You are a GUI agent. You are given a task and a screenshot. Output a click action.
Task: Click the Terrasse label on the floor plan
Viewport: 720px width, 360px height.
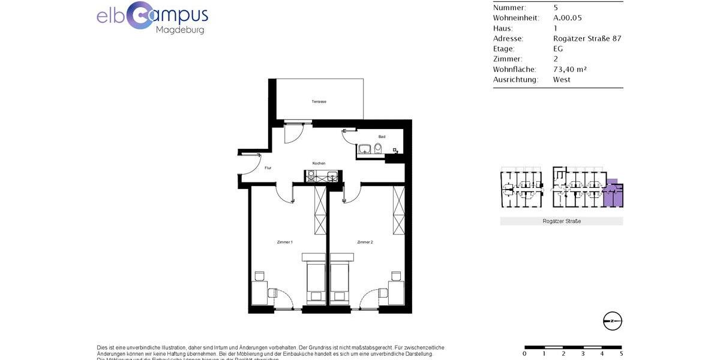coord(319,101)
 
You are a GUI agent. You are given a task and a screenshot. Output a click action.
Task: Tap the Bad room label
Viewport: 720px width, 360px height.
coord(382,137)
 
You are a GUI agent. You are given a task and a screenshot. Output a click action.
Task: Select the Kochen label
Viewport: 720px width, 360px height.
coord(319,163)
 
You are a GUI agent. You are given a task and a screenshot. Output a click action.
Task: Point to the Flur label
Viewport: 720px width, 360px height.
coord(268,168)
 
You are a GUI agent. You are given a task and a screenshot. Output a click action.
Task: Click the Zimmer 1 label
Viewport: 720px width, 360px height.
coord(284,242)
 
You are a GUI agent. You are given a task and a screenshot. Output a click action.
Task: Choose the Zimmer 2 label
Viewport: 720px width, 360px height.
coord(365,242)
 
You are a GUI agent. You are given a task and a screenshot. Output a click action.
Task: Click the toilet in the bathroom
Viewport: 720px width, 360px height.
coord(378,149)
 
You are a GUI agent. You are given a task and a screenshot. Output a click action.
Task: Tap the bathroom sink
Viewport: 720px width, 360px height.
coord(365,149)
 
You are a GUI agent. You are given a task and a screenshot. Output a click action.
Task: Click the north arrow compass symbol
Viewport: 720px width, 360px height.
coord(613,321)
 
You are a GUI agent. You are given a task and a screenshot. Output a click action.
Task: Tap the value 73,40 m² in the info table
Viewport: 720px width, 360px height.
coord(569,69)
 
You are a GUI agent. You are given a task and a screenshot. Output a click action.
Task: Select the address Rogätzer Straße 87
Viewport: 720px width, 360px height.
coord(587,38)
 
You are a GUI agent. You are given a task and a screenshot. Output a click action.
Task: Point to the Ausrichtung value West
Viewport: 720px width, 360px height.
coord(562,79)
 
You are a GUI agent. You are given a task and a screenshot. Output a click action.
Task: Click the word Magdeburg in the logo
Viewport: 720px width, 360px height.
coord(179,29)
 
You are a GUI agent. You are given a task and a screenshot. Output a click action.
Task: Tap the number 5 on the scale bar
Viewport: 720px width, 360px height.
coord(620,353)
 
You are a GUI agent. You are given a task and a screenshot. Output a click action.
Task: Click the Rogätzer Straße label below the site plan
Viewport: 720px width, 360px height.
coord(562,221)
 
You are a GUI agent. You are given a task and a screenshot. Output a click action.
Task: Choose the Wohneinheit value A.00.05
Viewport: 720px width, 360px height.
coord(567,18)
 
